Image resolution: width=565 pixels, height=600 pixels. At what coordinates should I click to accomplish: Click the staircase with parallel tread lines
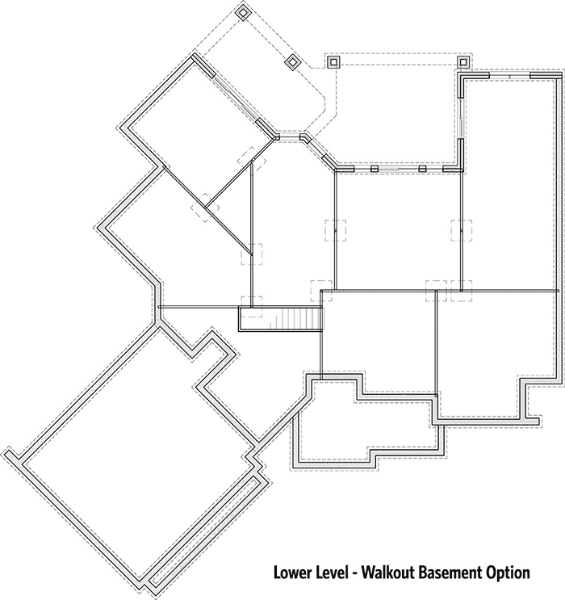point(280,318)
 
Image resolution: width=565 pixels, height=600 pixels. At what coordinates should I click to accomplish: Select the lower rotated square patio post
point(292,61)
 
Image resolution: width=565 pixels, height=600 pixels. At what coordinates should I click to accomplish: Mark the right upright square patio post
point(463,61)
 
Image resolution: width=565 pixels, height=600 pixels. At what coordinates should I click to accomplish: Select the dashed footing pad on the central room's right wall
point(461,230)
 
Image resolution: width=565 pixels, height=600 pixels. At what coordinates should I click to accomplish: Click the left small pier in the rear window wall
point(375,168)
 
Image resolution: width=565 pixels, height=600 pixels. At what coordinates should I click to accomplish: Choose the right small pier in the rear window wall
point(422,168)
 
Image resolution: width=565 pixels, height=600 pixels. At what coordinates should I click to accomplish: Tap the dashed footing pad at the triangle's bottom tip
point(252,254)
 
